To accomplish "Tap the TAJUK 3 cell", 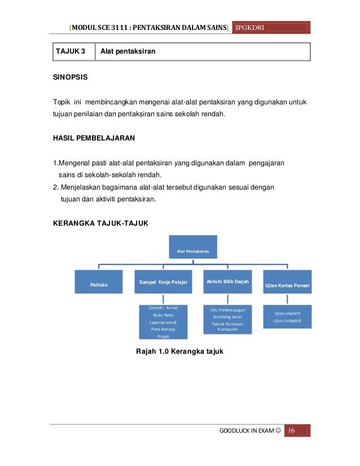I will point(67,52).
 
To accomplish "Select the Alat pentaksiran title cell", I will point(128,52).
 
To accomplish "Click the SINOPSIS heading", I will point(70,75).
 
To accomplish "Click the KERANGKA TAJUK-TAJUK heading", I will point(100,224).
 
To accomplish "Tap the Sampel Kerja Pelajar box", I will point(164,282).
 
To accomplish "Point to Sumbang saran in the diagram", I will point(227,317).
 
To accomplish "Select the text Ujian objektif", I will point(287,313).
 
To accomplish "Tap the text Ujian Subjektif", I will point(287,320).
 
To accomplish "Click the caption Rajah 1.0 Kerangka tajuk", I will point(181,351).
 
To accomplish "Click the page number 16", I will point(292,431).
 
